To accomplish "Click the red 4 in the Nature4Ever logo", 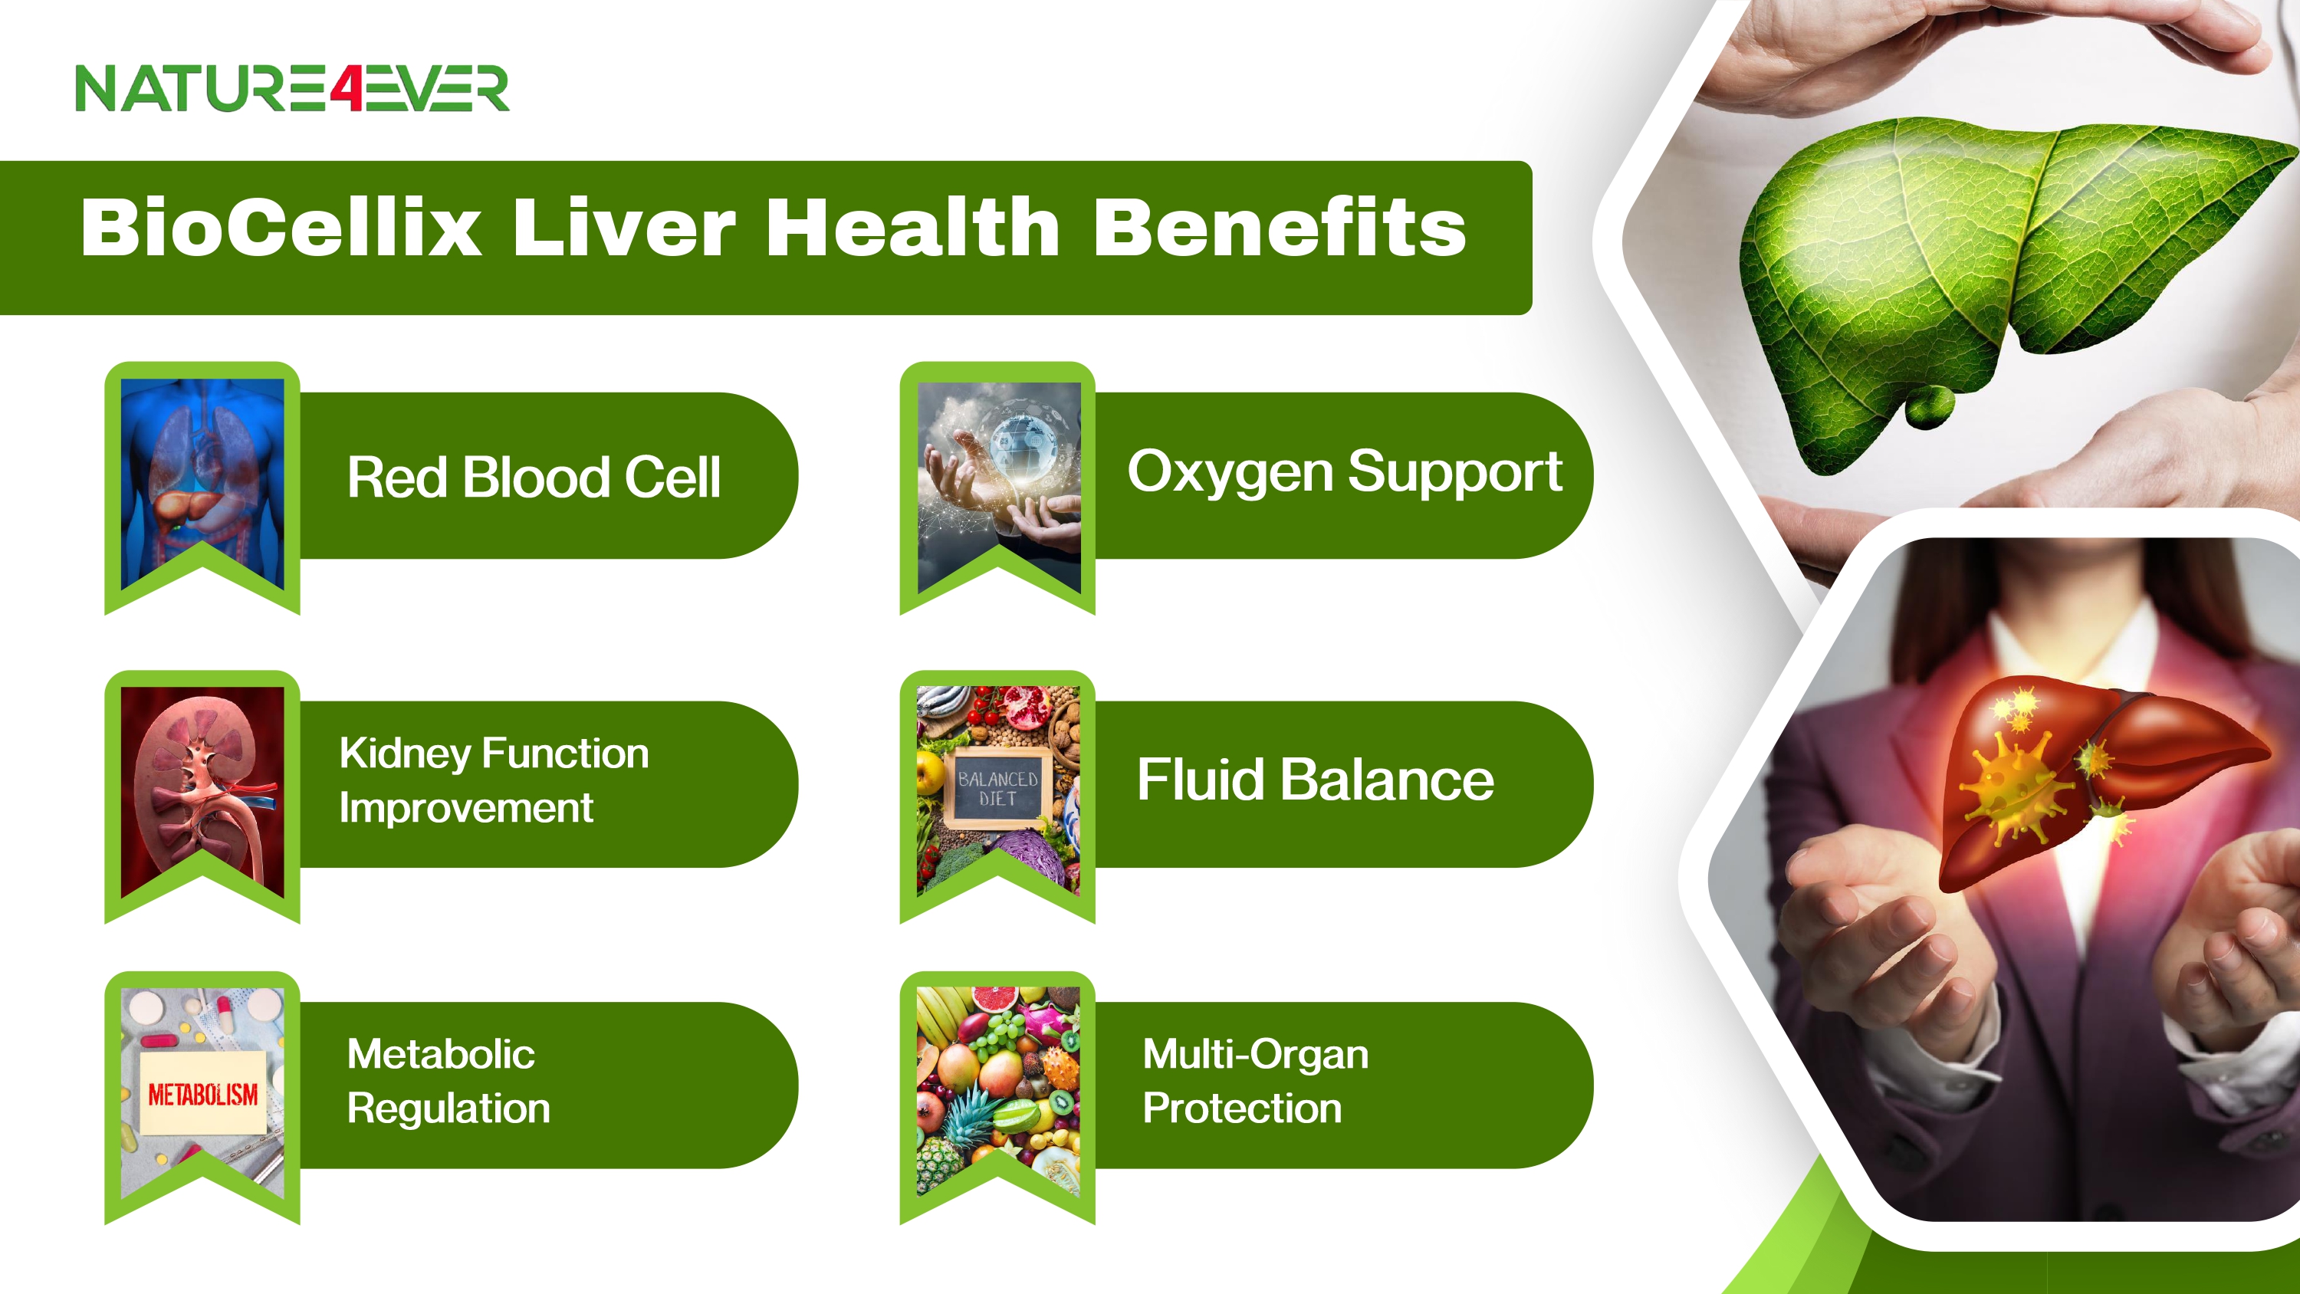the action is pos(347,88).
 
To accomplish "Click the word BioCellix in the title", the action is pos(281,228).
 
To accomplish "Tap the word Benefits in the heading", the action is pos(1280,228).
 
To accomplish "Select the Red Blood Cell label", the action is pos(533,477).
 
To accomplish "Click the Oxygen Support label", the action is pos(1345,472).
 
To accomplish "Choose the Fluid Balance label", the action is pos(1315,780).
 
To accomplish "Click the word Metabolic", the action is pos(441,1055).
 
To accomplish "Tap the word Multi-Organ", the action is pos(1255,1056).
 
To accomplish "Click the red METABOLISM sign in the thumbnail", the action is pos(202,1093).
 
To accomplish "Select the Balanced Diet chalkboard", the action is pos(997,789).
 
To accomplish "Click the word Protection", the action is pos(1242,1109).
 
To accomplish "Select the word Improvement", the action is pos(466,809).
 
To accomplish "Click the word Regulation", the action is pos(449,1110).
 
